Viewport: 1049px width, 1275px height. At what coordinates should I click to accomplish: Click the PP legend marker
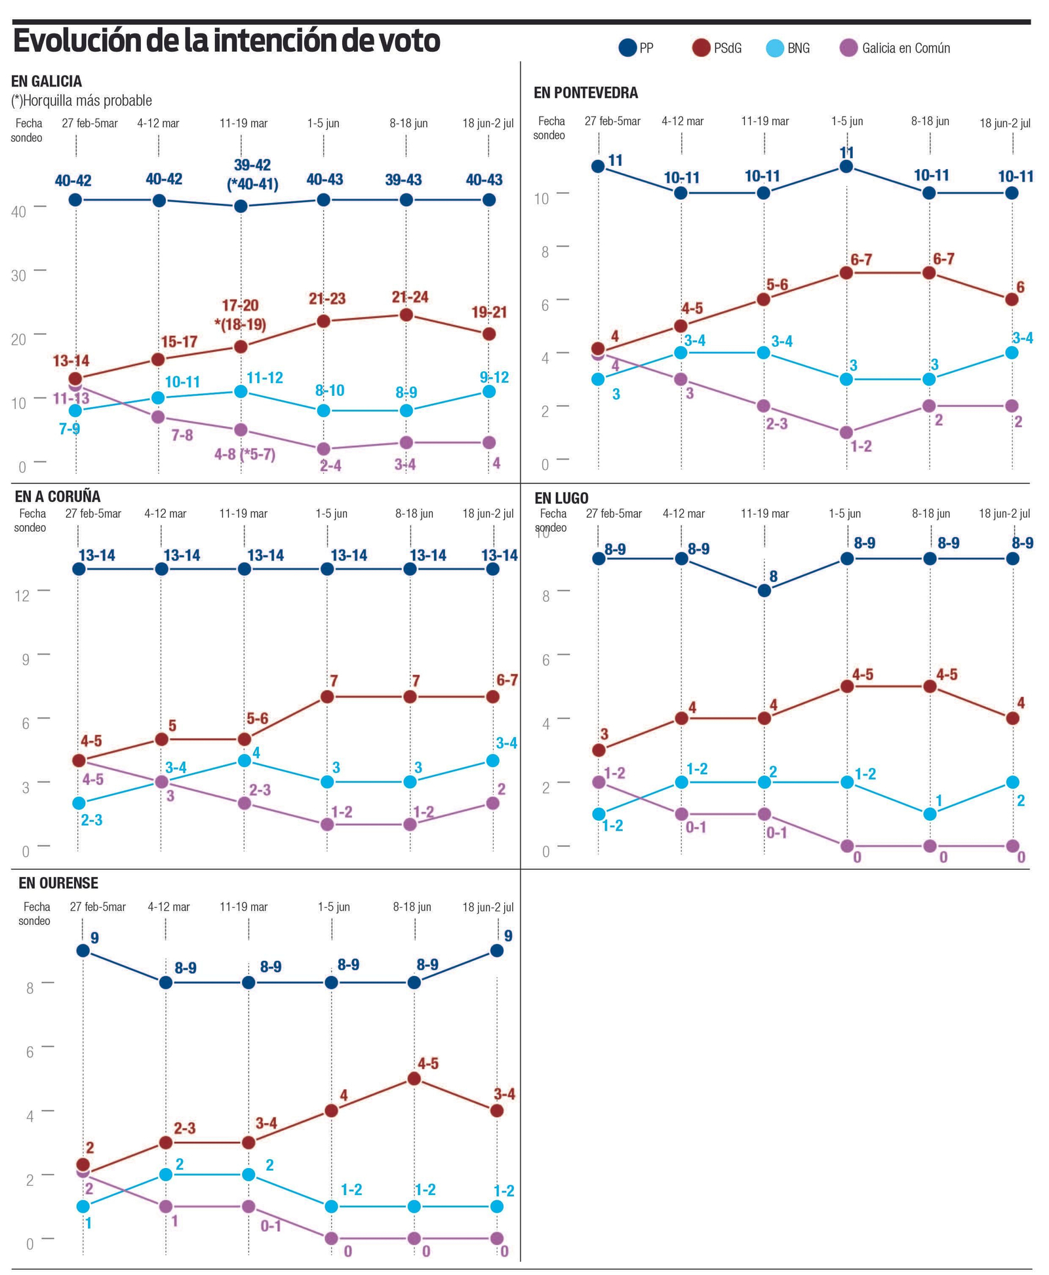point(627,48)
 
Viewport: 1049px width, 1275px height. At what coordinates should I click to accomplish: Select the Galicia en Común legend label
point(905,48)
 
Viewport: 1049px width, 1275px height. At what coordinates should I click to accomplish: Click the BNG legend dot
point(775,48)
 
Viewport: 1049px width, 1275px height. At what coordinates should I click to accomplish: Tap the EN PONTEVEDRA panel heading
point(585,93)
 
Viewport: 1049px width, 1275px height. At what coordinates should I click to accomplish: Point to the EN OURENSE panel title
point(58,883)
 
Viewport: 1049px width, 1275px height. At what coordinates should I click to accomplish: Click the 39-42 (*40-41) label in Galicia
point(252,175)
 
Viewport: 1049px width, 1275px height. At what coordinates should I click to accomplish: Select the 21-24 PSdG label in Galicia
point(410,297)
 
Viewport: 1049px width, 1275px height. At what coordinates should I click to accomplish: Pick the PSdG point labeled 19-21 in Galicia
point(489,334)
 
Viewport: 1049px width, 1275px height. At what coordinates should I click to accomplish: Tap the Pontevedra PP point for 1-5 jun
point(846,167)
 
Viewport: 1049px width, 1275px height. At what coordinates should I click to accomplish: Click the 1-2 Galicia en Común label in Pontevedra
point(861,446)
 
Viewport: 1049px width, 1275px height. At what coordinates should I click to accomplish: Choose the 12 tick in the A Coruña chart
point(22,596)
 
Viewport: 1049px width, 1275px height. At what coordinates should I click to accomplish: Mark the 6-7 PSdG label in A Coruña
point(507,680)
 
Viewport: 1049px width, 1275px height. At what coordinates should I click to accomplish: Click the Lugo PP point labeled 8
point(764,590)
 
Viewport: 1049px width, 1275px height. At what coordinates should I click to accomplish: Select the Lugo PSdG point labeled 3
point(598,750)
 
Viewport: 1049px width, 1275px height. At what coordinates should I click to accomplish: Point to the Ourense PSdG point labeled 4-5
point(414,1078)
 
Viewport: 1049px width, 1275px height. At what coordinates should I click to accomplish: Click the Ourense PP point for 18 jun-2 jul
point(496,951)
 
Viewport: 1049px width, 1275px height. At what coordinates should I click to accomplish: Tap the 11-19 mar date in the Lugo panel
point(764,513)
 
